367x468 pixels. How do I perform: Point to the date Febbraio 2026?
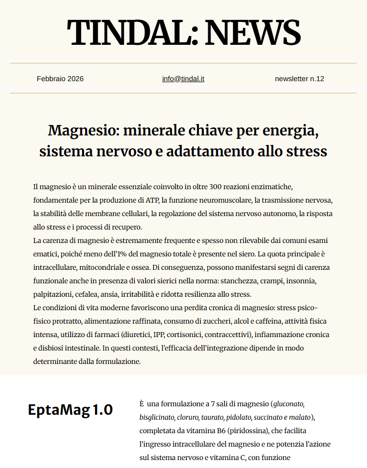(60, 79)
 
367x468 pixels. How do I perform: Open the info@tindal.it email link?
(183, 79)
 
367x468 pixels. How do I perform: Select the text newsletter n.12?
(299, 79)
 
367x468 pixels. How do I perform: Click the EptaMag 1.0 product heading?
(70, 410)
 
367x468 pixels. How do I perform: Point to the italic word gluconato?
(288, 403)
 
